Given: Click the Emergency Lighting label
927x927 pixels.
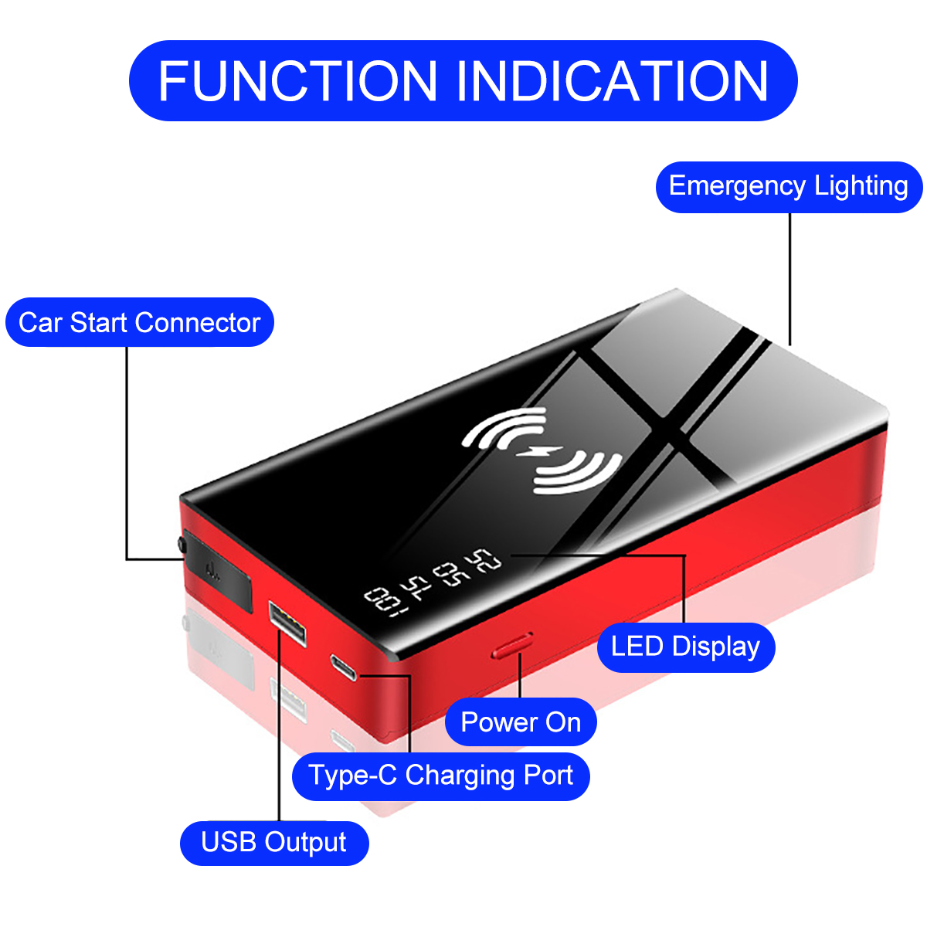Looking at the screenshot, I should tap(789, 186).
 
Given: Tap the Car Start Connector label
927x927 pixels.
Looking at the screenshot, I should tap(140, 322).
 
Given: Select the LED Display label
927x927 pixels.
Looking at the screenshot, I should tap(685, 647).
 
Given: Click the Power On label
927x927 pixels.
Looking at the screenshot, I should tap(521, 722).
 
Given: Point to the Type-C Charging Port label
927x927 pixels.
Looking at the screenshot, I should tap(440, 775).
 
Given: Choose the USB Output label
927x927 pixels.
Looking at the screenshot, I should tap(273, 842).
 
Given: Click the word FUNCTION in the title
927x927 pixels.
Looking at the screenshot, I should tap(297, 81).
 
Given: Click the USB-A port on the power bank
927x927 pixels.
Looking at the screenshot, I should tap(287, 623).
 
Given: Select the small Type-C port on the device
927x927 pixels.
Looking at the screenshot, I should tap(344, 667).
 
